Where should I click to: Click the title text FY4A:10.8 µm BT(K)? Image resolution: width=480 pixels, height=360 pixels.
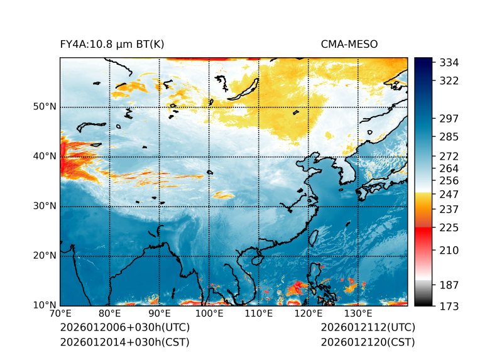112,45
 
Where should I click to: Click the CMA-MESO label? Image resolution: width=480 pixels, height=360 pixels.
349,45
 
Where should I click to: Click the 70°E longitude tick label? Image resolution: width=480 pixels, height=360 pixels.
60,314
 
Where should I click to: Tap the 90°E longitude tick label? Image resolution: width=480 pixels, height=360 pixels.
160,314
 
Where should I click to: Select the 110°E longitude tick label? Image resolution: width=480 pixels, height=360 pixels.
258,314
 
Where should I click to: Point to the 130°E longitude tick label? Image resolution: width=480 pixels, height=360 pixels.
357,314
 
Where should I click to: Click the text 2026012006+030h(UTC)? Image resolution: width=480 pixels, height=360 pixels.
124,328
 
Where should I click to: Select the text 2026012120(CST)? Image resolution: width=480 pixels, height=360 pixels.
368,342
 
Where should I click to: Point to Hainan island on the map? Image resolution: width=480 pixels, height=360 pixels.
256,259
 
